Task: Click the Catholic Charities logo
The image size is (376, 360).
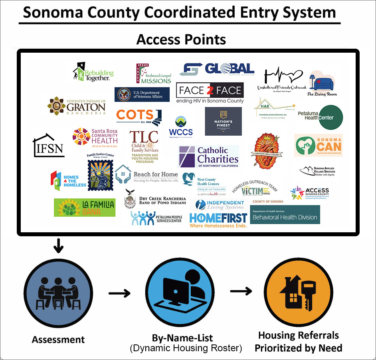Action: coord(208,156)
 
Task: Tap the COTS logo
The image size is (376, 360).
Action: coord(139,116)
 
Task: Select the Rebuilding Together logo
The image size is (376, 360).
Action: coord(93,72)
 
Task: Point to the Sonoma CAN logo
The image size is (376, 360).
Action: coord(318,146)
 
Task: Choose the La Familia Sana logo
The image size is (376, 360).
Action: coord(85,207)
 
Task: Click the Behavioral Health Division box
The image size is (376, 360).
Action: coord(285,215)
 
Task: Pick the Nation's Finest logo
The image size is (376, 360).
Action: coord(223,121)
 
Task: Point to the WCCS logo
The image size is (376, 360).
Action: coord(181,127)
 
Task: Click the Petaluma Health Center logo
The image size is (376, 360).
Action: coord(320,117)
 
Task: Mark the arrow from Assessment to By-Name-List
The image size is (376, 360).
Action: coord(119,294)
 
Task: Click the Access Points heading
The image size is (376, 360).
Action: coord(181,39)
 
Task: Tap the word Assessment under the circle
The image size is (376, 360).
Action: coord(58,340)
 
